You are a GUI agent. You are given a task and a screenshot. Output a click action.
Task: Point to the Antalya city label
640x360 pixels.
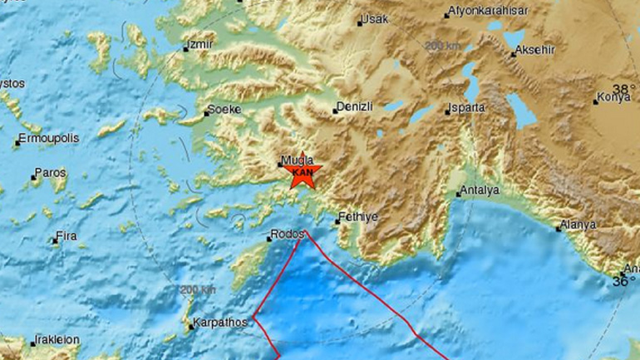click(481, 190)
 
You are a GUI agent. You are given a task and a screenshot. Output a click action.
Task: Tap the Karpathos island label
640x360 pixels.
click(219, 320)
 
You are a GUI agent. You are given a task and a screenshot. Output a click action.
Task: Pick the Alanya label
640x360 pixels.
click(578, 224)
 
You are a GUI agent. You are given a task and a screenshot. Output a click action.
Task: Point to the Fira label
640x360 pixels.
click(66, 236)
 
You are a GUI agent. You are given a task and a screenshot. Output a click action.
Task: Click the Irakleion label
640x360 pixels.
click(56, 340)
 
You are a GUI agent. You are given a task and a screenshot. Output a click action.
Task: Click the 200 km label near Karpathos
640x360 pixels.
click(198, 289)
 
